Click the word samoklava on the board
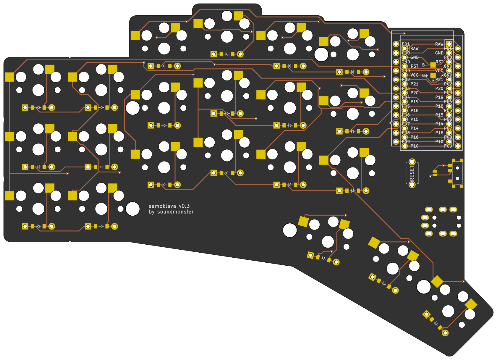162,206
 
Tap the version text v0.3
184,206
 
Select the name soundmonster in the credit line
175,212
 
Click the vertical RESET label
412,173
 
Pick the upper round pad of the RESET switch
412,162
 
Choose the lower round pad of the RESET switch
412,185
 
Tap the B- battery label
425,65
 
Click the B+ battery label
425,76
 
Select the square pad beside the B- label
433,65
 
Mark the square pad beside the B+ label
433,75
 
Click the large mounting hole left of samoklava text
133,209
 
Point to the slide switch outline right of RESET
457,173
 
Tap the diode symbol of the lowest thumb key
436,323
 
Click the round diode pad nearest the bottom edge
445,333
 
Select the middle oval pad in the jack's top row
443,210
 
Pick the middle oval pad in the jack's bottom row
443,234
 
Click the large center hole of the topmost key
227,37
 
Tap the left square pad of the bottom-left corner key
9,196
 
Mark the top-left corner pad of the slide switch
454,160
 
